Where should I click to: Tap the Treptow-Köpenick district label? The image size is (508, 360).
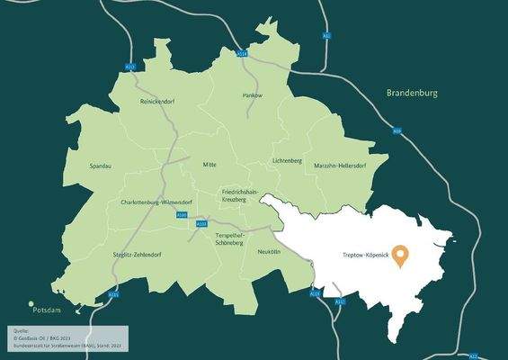[365, 256]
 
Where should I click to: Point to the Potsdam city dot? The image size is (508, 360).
[31, 304]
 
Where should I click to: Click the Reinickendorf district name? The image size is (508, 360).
[157, 102]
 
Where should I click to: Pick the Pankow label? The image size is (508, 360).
[252, 94]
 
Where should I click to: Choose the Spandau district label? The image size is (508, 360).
[102, 166]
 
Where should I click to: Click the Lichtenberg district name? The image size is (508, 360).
[288, 160]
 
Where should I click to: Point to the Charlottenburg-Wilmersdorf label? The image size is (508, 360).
[157, 202]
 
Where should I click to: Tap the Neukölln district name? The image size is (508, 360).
[269, 252]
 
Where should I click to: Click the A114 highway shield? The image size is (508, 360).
[242, 54]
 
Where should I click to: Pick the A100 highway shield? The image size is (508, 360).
[183, 216]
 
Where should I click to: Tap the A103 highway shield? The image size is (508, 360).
[201, 223]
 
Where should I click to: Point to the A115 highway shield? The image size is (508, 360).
[113, 294]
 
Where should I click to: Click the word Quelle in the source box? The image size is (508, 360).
[20, 329]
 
